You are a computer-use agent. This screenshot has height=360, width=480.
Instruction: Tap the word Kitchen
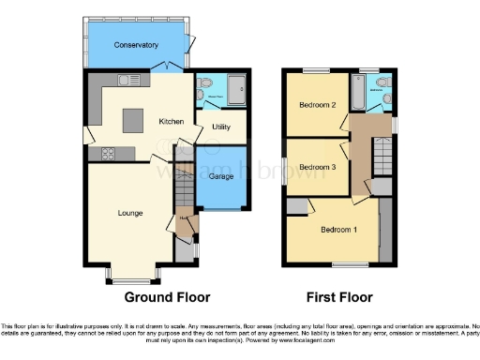171,121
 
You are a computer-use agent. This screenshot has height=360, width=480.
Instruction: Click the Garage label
221,175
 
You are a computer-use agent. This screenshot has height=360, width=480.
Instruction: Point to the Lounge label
130,213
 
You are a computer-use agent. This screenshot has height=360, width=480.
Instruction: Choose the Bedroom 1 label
338,230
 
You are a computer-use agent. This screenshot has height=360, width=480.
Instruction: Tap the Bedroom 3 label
317,167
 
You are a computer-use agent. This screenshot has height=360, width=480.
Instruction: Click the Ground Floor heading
166,297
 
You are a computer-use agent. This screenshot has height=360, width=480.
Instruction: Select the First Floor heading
340,297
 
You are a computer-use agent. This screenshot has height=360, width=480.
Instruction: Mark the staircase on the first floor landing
382,154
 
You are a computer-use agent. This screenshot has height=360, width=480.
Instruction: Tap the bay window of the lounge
130,275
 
